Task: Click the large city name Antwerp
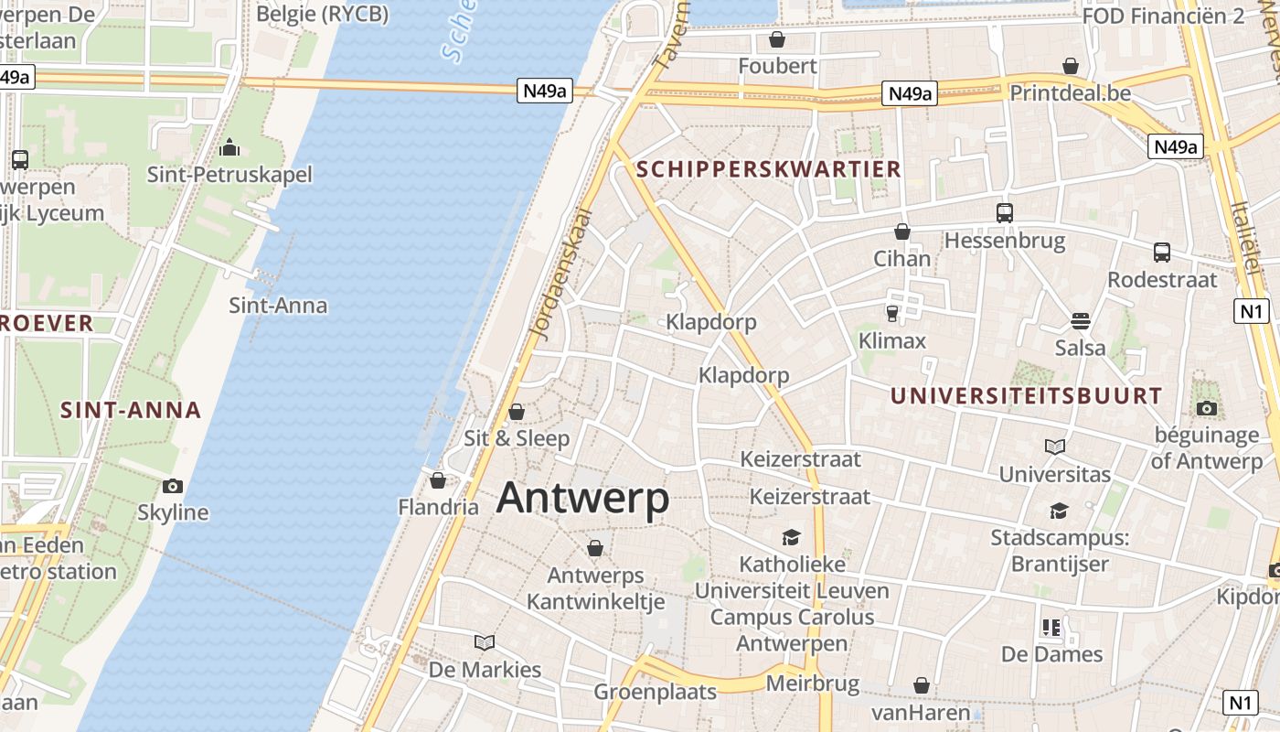click(x=582, y=499)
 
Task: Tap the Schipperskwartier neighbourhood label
click(x=768, y=169)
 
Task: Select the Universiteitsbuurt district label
click(x=1026, y=396)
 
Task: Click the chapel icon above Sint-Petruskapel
click(x=229, y=146)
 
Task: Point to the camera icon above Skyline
click(x=172, y=486)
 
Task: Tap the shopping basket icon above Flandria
click(x=438, y=480)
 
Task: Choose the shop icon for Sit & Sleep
click(x=517, y=412)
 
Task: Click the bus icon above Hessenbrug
click(x=1004, y=213)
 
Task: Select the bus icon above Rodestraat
click(x=1161, y=253)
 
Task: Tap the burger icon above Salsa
click(x=1080, y=321)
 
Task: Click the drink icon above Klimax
click(x=892, y=314)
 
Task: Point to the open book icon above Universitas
click(x=1054, y=447)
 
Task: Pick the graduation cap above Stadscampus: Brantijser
click(x=1059, y=511)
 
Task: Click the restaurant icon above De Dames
click(x=1051, y=628)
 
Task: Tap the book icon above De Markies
click(x=485, y=642)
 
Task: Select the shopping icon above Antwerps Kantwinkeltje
click(x=595, y=548)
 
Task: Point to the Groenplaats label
click(x=656, y=692)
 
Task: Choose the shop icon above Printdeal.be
click(x=1071, y=66)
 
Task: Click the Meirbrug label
click(x=812, y=684)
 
